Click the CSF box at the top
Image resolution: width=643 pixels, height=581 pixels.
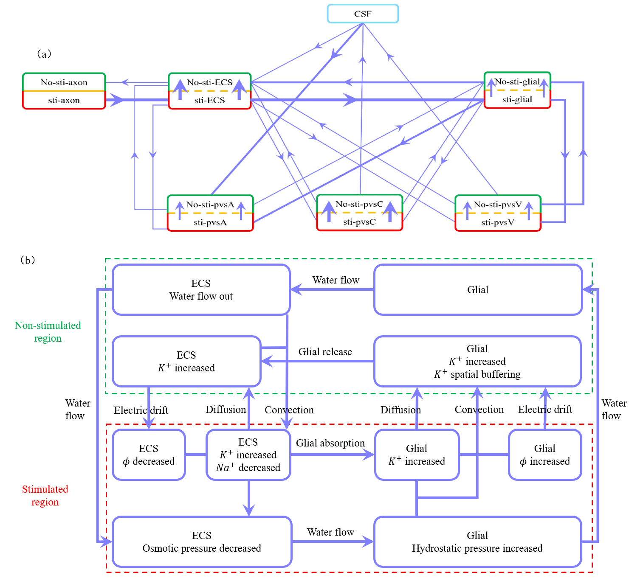coord(363,14)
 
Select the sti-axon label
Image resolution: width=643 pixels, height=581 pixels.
coord(64,101)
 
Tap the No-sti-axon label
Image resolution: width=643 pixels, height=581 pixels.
coord(64,82)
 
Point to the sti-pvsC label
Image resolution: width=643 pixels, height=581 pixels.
coord(359,222)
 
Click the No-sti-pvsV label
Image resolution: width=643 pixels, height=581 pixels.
coord(498,205)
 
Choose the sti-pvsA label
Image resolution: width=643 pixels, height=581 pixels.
coord(210,222)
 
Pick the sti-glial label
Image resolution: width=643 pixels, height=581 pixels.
coord(517,100)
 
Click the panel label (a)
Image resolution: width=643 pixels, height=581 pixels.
coord(44,54)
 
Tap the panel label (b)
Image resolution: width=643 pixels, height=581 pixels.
coord(28,260)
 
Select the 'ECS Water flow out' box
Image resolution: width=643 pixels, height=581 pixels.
coord(201,290)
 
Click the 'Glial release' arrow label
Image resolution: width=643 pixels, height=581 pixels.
coord(325,352)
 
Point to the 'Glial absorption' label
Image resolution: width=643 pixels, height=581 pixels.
coord(330,443)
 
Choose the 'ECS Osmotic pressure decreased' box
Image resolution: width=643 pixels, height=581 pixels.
coord(202,542)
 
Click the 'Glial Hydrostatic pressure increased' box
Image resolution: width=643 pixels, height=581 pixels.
coord(477,542)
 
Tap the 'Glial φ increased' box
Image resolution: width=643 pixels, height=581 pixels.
coord(544,455)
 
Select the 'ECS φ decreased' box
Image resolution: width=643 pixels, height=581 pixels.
coord(149,455)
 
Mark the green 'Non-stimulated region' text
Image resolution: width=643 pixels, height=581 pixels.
coord(48,332)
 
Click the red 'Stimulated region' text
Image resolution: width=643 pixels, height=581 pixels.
coord(45,496)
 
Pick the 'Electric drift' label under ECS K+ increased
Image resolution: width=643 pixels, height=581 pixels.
coord(141,410)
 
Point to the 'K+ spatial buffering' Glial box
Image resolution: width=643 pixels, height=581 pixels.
coord(477,362)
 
